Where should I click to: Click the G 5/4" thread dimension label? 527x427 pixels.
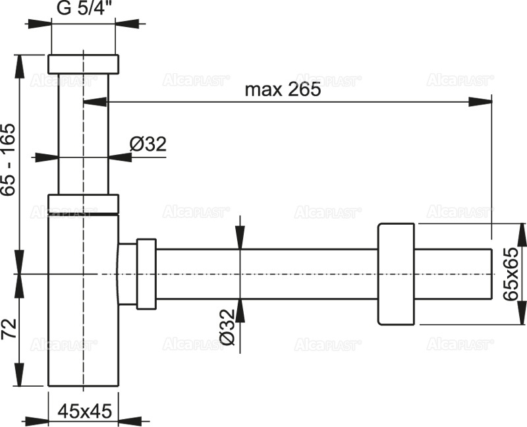tap(84, 9)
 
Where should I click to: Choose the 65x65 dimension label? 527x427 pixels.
tap(511, 274)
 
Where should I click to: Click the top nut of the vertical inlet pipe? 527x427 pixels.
tap(84, 63)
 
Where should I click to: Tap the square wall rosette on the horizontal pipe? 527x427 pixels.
tap(396, 274)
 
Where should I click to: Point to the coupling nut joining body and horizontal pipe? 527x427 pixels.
tap(146, 273)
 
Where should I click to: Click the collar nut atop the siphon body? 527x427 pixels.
tap(84, 204)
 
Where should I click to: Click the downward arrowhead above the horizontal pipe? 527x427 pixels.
tap(240, 238)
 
